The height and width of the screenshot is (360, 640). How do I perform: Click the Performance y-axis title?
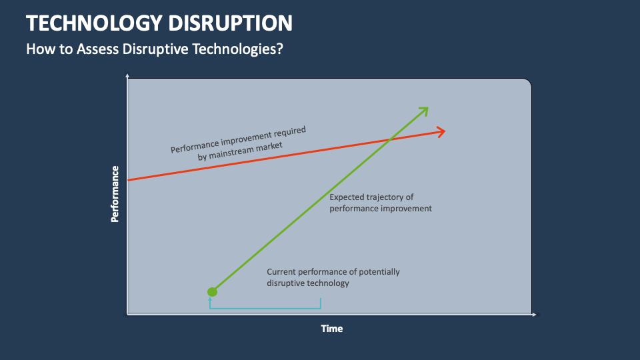click(x=115, y=193)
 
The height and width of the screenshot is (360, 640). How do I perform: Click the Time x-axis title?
click(x=331, y=329)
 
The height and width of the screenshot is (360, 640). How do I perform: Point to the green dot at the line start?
click(x=212, y=291)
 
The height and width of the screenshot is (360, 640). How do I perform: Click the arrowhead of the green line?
click(x=424, y=110)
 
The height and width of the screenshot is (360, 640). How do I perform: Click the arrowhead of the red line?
click(x=441, y=131)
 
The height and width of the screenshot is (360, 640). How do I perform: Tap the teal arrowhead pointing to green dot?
click(x=210, y=299)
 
